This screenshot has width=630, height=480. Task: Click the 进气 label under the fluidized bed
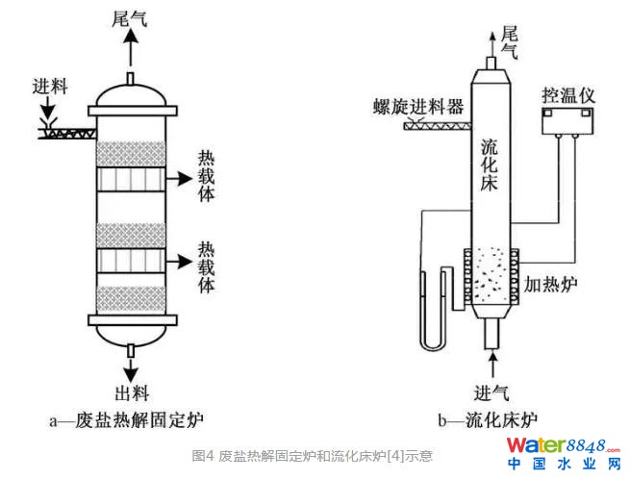491,392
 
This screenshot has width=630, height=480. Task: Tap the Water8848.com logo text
557,446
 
